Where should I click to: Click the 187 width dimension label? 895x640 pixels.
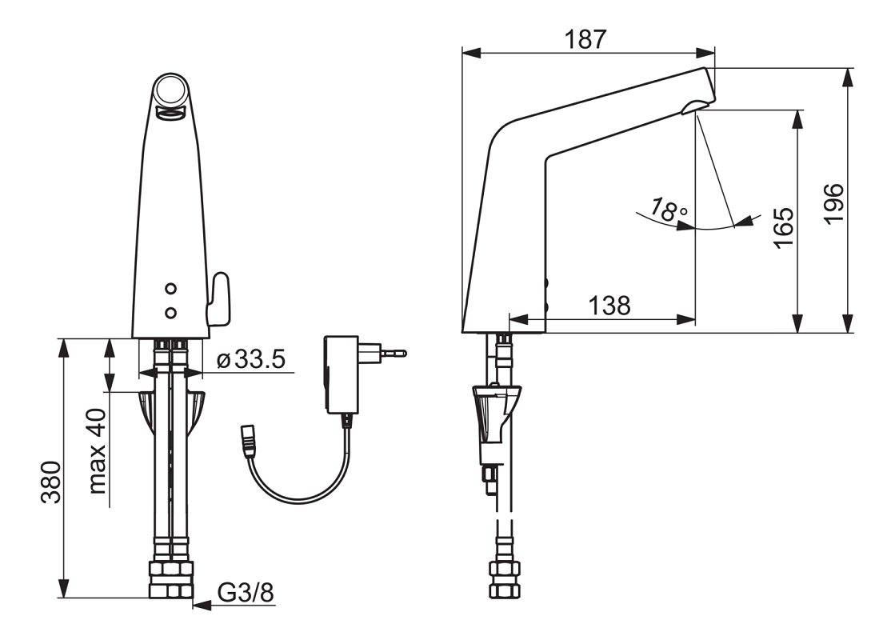pyautogui.click(x=585, y=39)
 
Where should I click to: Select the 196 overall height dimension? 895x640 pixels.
pyautogui.click(x=834, y=203)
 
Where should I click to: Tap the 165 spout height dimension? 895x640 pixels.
pyautogui.click(x=784, y=227)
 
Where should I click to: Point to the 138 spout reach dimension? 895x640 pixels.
pyautogui.click(x=609, y=306)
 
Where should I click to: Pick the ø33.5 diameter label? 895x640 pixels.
pyautogui.click(x=251, y=359)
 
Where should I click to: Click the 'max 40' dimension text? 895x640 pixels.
pyautogui.click(x=98, y=450)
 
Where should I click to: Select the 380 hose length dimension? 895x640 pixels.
pyautogui.click(x=50, y=482)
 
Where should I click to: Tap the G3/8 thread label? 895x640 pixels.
pyautogui.click(x=246, y=593)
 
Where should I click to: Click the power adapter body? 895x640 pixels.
pyautogui.click(x=342, y=374)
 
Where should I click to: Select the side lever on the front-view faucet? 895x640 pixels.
pyautogui.click(x=218, y=299)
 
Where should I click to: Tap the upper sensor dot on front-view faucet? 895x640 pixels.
pyautogui.click(x=170, y=289)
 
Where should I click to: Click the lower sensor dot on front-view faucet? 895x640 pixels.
pyautogui.click(x=170, y=312)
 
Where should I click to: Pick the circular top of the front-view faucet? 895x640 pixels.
pyautogui.click(x=170, y=90)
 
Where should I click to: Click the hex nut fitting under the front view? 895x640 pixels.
pyautogui.click(x=170, y=579)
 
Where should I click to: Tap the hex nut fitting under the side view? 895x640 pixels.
pyautogui.click(x=504, y=579)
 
